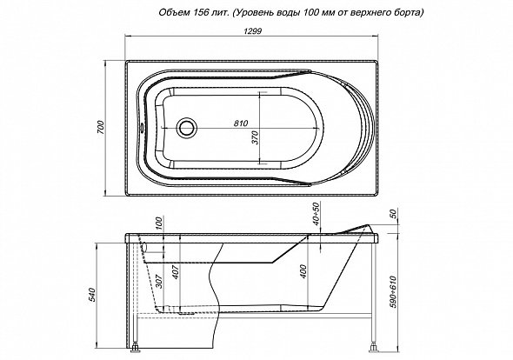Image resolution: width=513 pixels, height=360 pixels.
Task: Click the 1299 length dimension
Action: pyautogui.click(x=252, y=31)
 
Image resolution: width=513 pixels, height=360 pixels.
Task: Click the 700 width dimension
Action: pyautogui.click(x=101, y=127)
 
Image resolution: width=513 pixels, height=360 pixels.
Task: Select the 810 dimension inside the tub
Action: pyautogui.click(x=241, y=123)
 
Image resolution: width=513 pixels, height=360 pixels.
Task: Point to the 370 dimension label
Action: pyautogui.click(x=255, y=137)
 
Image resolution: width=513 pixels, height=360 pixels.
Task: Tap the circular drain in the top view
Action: pyautogui.click(x=187, y=127)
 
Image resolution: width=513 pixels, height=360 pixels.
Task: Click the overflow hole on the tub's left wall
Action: pyautogui.click(x=142, y=127)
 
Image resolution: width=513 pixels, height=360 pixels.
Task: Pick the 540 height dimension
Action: pyautogui.click(x=92, y=295)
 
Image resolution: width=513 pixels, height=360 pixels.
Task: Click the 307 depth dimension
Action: pyautogui.click(x=159, y=281)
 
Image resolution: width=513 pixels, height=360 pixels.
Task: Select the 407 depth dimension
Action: pyautogui.click(x=176, y=271)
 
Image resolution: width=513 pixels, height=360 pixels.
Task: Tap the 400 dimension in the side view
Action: pyautogui.click(x=303, y=271)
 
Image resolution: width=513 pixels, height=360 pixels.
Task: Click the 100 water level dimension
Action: pyautogui.click(x=159, y=223)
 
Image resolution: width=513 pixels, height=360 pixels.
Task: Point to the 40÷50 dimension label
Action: pyautogui.click(x=316, y=214)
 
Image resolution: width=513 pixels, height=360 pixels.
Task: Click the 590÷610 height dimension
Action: pyautogui.click(x=393, y=292)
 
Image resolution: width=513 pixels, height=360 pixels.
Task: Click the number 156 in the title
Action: pyautogui.click(x=198, y=12)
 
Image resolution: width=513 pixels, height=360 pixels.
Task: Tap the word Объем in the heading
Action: pyautogui.click(x=173, y=12)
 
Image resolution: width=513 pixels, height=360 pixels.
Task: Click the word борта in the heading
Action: pyautogui.click(x=410, y=13)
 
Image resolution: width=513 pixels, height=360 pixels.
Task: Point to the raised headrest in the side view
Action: pyautogui.click(x=357, y=229)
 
